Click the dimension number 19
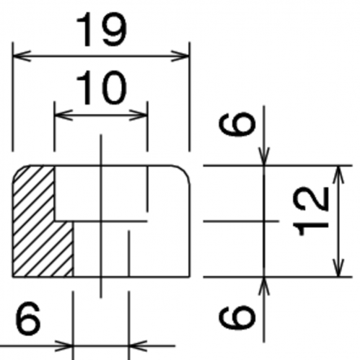102,30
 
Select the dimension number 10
102,87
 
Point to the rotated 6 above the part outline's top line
237,124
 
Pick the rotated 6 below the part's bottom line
237,317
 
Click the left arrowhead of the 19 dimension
22,56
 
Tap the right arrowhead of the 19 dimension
180,56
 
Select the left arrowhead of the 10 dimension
63,115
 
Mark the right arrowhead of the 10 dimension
139,115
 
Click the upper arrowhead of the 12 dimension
338,175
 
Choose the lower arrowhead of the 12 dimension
338,268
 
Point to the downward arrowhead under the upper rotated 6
264,157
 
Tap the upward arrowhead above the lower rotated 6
264,286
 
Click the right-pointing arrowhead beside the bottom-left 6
64,346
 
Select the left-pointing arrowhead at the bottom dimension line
138,346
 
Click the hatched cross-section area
34,221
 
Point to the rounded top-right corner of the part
185,171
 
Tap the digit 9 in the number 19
113,30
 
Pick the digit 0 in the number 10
114,87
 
